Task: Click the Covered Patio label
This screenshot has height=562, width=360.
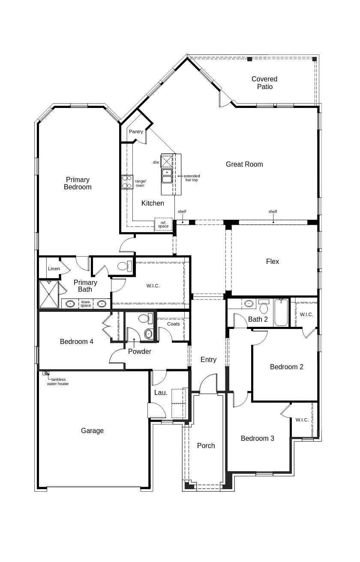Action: coord(264,83)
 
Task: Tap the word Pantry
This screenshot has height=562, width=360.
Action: coord(136,132)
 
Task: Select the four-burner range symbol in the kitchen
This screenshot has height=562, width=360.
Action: coord(127,182)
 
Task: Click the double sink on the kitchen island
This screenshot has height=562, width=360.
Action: coord(167,176)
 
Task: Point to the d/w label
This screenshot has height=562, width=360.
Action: coord(156,162)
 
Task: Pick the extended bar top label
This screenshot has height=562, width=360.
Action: coord(192,178)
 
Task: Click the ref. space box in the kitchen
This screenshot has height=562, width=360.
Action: coord(163,224)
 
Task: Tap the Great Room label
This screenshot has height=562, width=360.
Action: coord(244,164)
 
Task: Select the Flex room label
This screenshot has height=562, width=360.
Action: coord(272,261)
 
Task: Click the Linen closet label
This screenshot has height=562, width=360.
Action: coord(54,269)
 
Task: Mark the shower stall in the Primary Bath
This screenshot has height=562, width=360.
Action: coord(48,294)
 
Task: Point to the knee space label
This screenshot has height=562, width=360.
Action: coord(86,304)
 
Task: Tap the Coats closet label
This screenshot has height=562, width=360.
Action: coord(174,324)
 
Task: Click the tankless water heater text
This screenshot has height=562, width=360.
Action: coord(58,382)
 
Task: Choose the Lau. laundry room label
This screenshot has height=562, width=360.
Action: coord(161,392)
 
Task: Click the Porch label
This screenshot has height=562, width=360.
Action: coord(206,445)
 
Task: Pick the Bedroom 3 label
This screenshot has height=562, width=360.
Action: coord(257,438)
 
